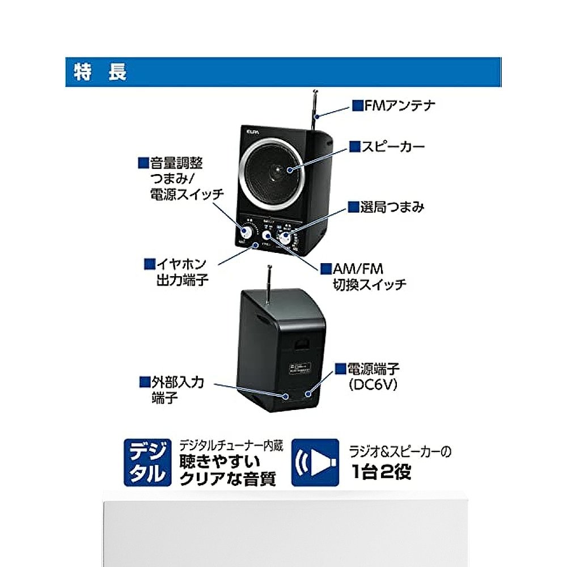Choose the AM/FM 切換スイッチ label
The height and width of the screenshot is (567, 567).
[363, 276]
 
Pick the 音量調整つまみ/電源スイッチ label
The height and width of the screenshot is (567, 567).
[180, 179]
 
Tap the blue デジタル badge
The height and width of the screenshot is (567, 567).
[146, 462]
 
